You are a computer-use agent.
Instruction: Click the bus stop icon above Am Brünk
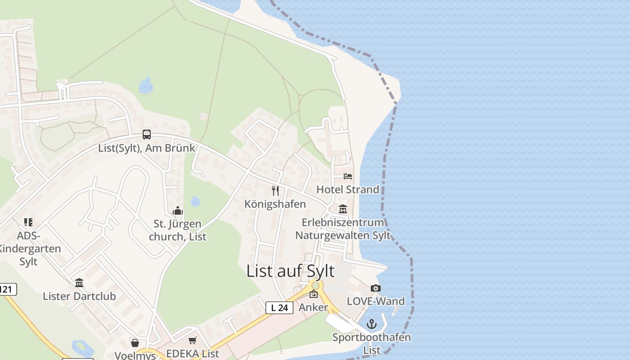[147, 134]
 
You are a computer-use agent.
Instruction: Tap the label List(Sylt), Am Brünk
[147, 148]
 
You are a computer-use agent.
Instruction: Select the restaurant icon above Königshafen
[275, 191]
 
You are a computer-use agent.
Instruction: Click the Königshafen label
[275, 204]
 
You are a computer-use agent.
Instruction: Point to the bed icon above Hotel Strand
[348, 176]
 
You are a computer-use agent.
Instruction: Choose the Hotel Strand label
[348, 189]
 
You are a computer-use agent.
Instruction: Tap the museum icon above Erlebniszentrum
[343, 209]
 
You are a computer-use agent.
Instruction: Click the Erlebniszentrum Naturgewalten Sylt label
[343, 229]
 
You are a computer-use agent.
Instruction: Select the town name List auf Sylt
[291, 271]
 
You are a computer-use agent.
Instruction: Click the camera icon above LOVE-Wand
[376, 288]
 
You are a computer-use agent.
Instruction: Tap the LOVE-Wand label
[376, 301]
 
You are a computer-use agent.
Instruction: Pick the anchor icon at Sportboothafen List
[372, 324]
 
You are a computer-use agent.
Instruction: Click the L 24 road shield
[279, 308]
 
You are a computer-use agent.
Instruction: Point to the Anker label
[314, 307]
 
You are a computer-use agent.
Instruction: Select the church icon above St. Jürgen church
[177, 211]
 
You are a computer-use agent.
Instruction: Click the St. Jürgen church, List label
[177, 230]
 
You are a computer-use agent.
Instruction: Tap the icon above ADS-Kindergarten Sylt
[28, 222]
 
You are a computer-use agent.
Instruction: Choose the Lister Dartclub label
[79, 296]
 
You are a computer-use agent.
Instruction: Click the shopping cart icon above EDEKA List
[193, 341]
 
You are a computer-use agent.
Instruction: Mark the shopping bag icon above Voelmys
[135, 343]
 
